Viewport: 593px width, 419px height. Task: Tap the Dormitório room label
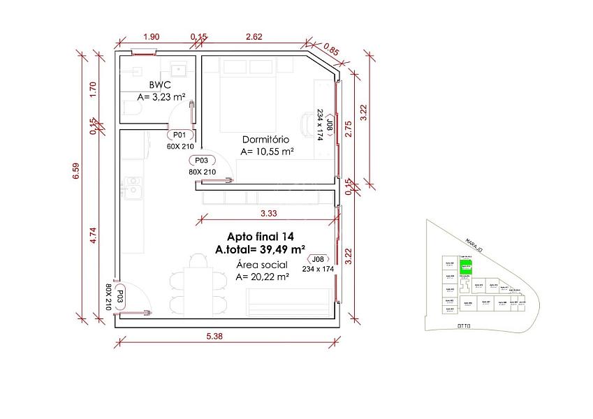click(266, 138)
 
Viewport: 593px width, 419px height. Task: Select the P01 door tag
click(178, 135)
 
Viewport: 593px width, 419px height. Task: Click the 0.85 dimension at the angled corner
click(332, 50)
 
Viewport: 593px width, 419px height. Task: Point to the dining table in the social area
click(198, 281)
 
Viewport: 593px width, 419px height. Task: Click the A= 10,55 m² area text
click(266, 150)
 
